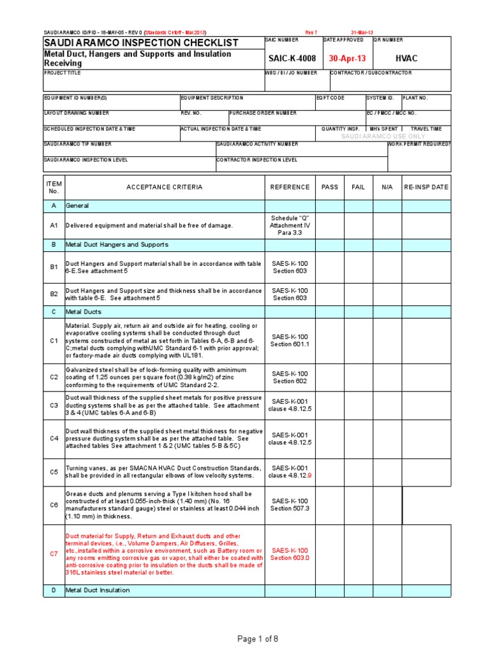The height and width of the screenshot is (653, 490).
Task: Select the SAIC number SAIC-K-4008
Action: click(x=292, y=59)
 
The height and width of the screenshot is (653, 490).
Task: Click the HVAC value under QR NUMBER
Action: click(x=406, y=59)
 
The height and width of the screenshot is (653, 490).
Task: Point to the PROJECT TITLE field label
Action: click(x=63, y=73)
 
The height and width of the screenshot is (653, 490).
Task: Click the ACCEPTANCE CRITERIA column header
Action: click(x=164, y=187)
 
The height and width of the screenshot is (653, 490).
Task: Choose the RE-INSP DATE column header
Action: click(x=426, y=187)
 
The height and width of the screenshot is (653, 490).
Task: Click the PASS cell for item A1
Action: click(x=330, y=225)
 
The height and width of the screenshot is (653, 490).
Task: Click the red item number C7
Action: click(x=54, y=554)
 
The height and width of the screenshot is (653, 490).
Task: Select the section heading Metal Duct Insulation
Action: click(x=98, y=591)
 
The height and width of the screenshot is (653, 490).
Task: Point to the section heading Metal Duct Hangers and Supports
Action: click(x=117, y=244)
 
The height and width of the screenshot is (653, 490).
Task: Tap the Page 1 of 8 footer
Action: click(x=257, y=639)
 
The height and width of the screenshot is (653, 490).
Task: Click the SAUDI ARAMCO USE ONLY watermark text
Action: click(x=383, y=136)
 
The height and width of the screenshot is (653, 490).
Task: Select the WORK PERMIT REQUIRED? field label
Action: click(x=419, y=144)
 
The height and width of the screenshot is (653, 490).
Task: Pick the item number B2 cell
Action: click(x=54, y=294)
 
